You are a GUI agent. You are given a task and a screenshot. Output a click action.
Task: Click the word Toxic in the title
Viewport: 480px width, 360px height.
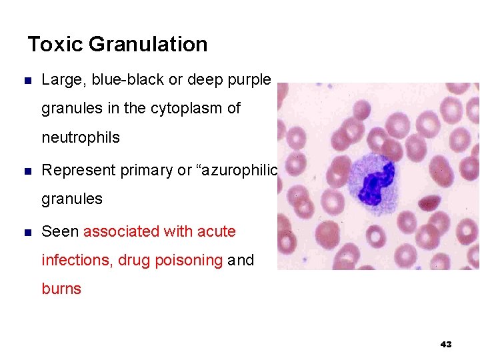55,45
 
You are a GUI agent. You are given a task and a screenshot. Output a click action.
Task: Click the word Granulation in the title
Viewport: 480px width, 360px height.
147,45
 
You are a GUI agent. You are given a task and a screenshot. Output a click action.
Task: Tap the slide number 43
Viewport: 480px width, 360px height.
446,344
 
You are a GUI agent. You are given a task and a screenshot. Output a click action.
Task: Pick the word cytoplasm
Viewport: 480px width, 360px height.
187,108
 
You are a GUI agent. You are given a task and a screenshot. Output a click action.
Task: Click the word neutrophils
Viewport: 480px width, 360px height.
81,137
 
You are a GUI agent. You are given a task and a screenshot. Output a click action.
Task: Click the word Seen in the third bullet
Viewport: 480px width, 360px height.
60,231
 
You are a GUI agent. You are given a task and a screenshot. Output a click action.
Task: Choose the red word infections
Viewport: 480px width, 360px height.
76,260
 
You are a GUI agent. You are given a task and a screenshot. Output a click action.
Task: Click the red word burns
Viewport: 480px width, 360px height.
61,289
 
